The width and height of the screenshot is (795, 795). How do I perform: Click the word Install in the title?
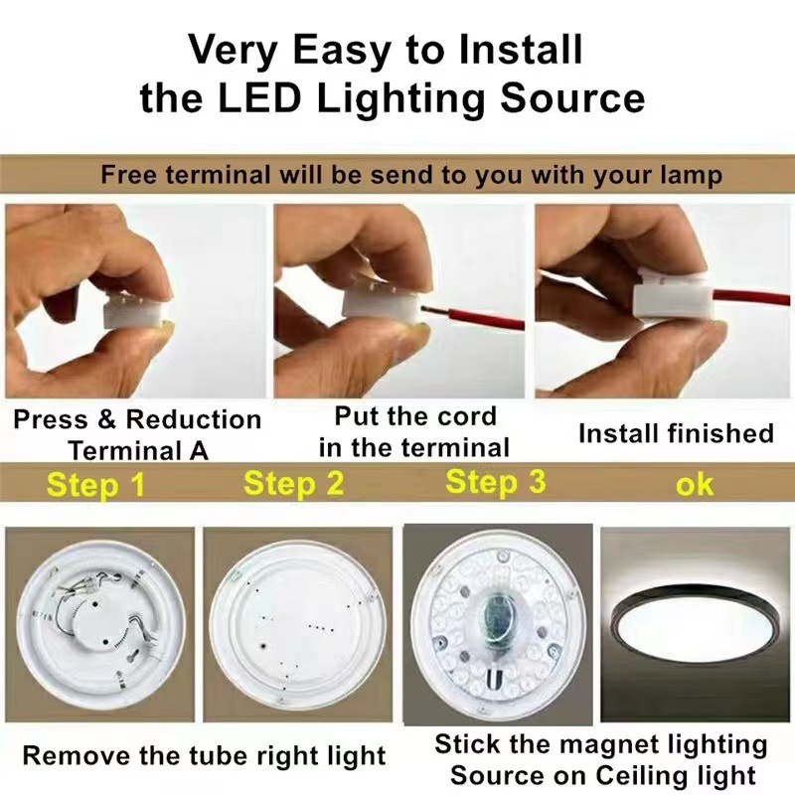tap(521, 50)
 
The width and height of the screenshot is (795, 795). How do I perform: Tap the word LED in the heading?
tap(259, 97)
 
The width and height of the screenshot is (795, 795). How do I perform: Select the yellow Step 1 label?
tap(95, 485)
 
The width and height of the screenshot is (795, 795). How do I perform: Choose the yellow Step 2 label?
tap(293, 483)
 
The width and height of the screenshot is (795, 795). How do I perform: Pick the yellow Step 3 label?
tap(495, 482)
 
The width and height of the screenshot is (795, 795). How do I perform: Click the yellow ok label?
tap(695, 485)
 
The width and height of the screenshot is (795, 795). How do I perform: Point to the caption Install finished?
tap(676, 433)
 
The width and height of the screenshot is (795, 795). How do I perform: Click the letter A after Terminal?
tap(199, 451)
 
